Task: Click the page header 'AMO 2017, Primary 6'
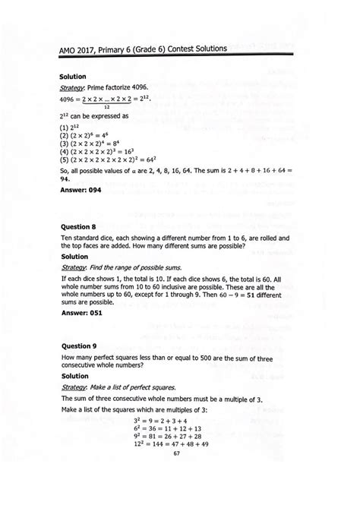(143, 49)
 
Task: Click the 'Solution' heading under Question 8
(77, 257)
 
